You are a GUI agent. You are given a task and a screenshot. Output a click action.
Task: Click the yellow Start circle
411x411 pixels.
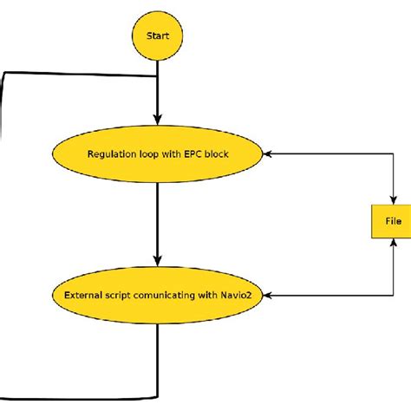(157, 37)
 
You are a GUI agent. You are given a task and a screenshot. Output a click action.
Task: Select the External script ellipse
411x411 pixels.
(157, 296)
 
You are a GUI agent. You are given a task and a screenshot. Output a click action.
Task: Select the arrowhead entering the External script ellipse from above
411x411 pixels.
(157, 261)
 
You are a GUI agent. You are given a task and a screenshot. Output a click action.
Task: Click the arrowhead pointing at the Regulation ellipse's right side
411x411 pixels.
(268, 154)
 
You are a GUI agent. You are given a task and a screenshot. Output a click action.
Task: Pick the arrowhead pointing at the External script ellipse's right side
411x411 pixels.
(268, 296)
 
